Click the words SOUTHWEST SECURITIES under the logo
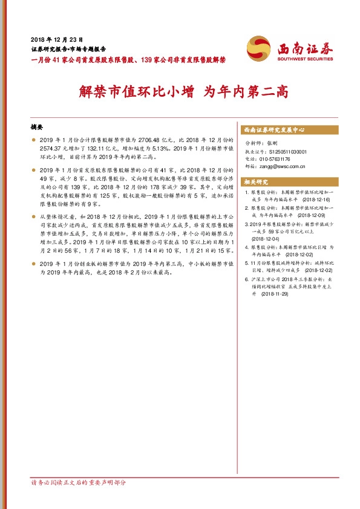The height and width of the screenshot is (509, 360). point(306,59)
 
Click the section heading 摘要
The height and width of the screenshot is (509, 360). point(37,128)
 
